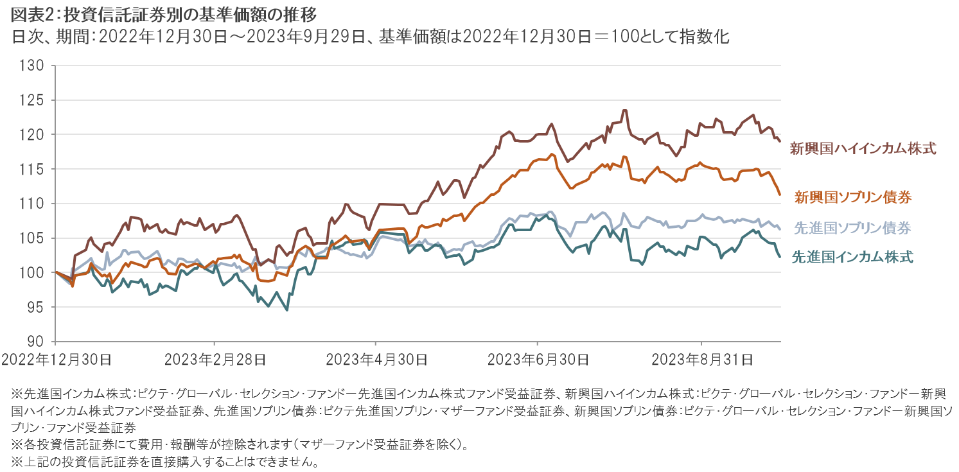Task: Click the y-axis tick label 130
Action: pos(32,66)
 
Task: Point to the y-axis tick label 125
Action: pos(32,100)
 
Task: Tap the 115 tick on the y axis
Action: pos(32,169)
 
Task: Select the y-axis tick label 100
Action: pos(32,273)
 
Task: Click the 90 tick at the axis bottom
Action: pos(36,342)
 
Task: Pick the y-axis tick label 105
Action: pos(32,238)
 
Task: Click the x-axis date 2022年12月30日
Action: pos(56,360)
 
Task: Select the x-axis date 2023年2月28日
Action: pos(215,360)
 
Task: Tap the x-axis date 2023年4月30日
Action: pos(376,360)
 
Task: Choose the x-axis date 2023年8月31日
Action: pos(701,360)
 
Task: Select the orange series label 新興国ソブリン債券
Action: pos(853,197)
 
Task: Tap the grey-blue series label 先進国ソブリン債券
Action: pos(853,227)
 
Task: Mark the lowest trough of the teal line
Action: pos(286,310)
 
